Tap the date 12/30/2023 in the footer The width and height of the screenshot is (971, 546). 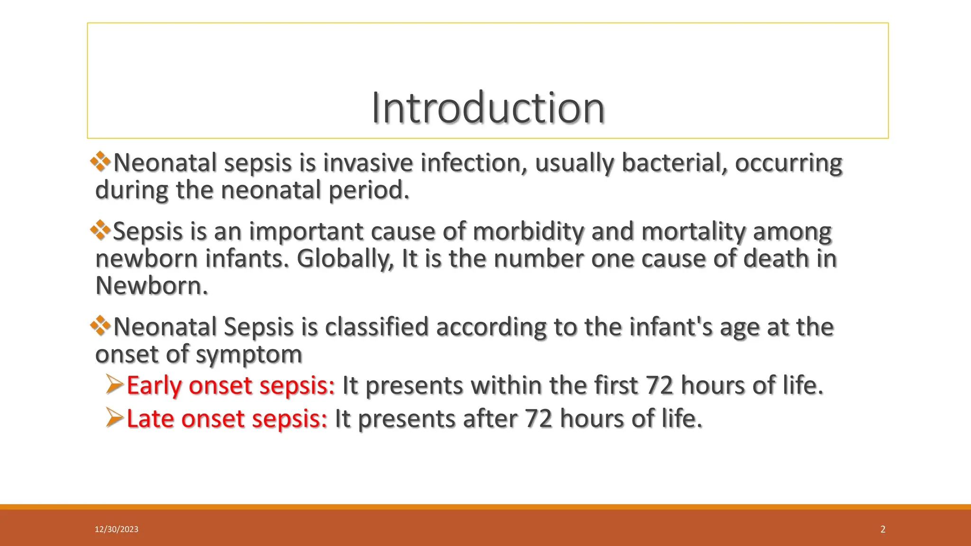click(x=116, y=529)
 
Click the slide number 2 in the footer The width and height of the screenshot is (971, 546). click(x=882, y=529)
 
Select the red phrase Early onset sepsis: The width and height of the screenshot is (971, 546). click(x=231, y=385)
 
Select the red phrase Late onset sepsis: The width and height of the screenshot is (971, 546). click(x=227, y=419)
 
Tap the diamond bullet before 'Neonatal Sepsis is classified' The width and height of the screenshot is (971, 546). click(x=101, y=326)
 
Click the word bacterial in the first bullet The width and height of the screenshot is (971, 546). click(x=674, y=163)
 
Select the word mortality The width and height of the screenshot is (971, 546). click(x=693, y=231)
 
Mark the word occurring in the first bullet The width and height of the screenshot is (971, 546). click(x=788, y=163)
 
